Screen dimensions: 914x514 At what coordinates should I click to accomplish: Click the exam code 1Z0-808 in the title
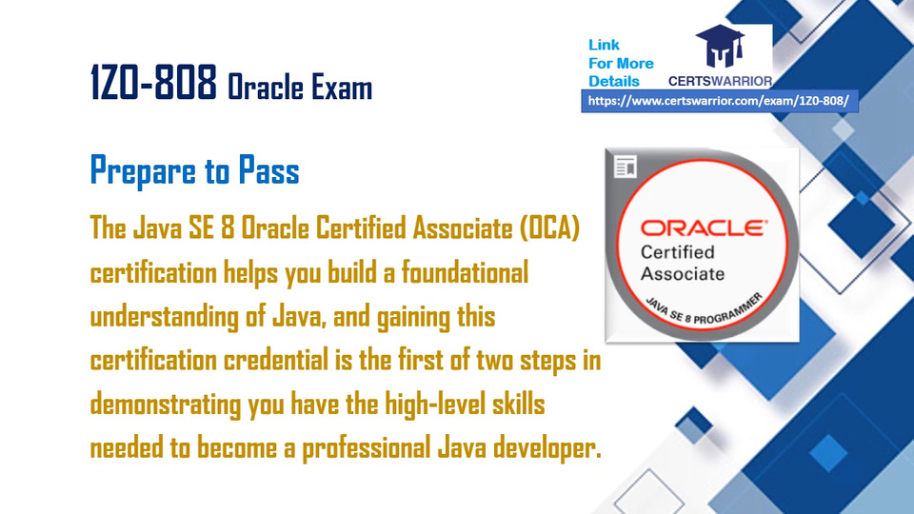153,82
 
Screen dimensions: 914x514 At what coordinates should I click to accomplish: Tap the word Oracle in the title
264,88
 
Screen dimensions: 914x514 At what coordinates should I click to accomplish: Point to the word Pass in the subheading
268,170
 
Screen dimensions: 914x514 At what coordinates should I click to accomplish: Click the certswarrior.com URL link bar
720,101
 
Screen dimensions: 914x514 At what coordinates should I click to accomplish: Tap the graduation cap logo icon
721,46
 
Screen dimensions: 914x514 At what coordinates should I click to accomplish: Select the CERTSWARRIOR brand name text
720,81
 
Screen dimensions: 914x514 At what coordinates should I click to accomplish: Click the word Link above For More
604,45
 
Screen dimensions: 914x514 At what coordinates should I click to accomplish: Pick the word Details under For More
614,81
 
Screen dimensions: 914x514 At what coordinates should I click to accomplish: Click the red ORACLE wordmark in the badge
704,227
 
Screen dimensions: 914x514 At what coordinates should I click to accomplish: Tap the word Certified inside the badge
677,252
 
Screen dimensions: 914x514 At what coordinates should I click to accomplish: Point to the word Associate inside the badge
683,273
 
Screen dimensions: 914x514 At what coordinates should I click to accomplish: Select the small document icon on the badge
626,167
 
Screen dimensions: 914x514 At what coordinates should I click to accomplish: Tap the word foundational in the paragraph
465,272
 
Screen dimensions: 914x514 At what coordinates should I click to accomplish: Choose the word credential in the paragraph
276,360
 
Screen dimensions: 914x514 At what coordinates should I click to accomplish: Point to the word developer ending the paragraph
546,448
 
